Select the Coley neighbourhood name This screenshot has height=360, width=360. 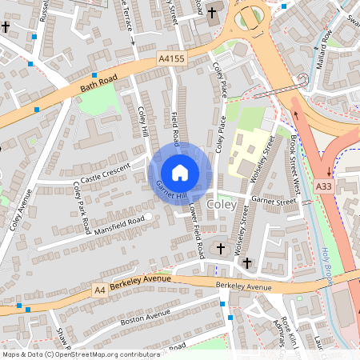click(x=221, y=206)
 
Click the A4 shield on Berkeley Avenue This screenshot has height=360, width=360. click(x=99, y=289)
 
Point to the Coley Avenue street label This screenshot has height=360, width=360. click(x=21, y=210)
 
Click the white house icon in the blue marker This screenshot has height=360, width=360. click(x=180, y=172)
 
